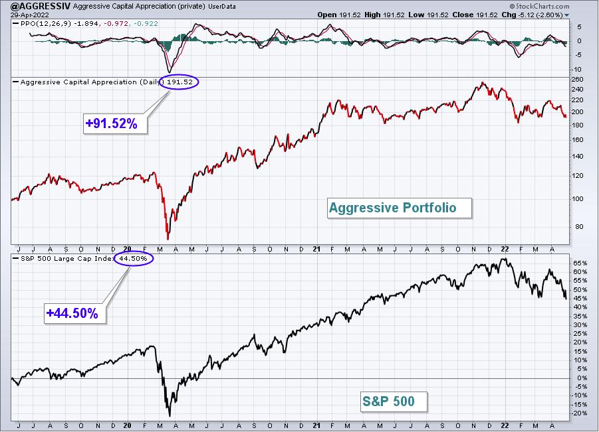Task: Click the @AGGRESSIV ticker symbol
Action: pyautogui.click(x=35, y=6)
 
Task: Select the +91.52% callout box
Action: pyautogui.click(x=115, y=123)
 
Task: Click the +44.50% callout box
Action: pyautogui.click(x=75, y=313)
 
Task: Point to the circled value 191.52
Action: pyautogui.click(x=179, y=82)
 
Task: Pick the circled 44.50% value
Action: pyautogui.click(x=134, y=259)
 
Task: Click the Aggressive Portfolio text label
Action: pyautogui.click(x=399, y=208)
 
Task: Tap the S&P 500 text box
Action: pyautogui.click(x=394, y=401)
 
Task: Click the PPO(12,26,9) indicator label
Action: pyautogui.click(x=45, y=24)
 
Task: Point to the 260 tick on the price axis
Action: pyautogui.click(x=578, y=80)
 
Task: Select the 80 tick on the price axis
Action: pyautogui.click(x=580, y=226)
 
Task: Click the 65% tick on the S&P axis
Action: pyautogui.click(x=580, y=263)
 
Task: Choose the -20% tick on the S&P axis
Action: pyautogui.click(x=579, y=413)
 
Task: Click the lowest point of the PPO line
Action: pyautogui.click(x=170, y=72)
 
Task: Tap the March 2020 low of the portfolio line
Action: pyautogui.click(x=168, y=239)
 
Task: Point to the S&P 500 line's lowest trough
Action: pyautogui.click(x=170, y=415)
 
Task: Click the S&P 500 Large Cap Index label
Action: pyautogui.click(x=67, y=259)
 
